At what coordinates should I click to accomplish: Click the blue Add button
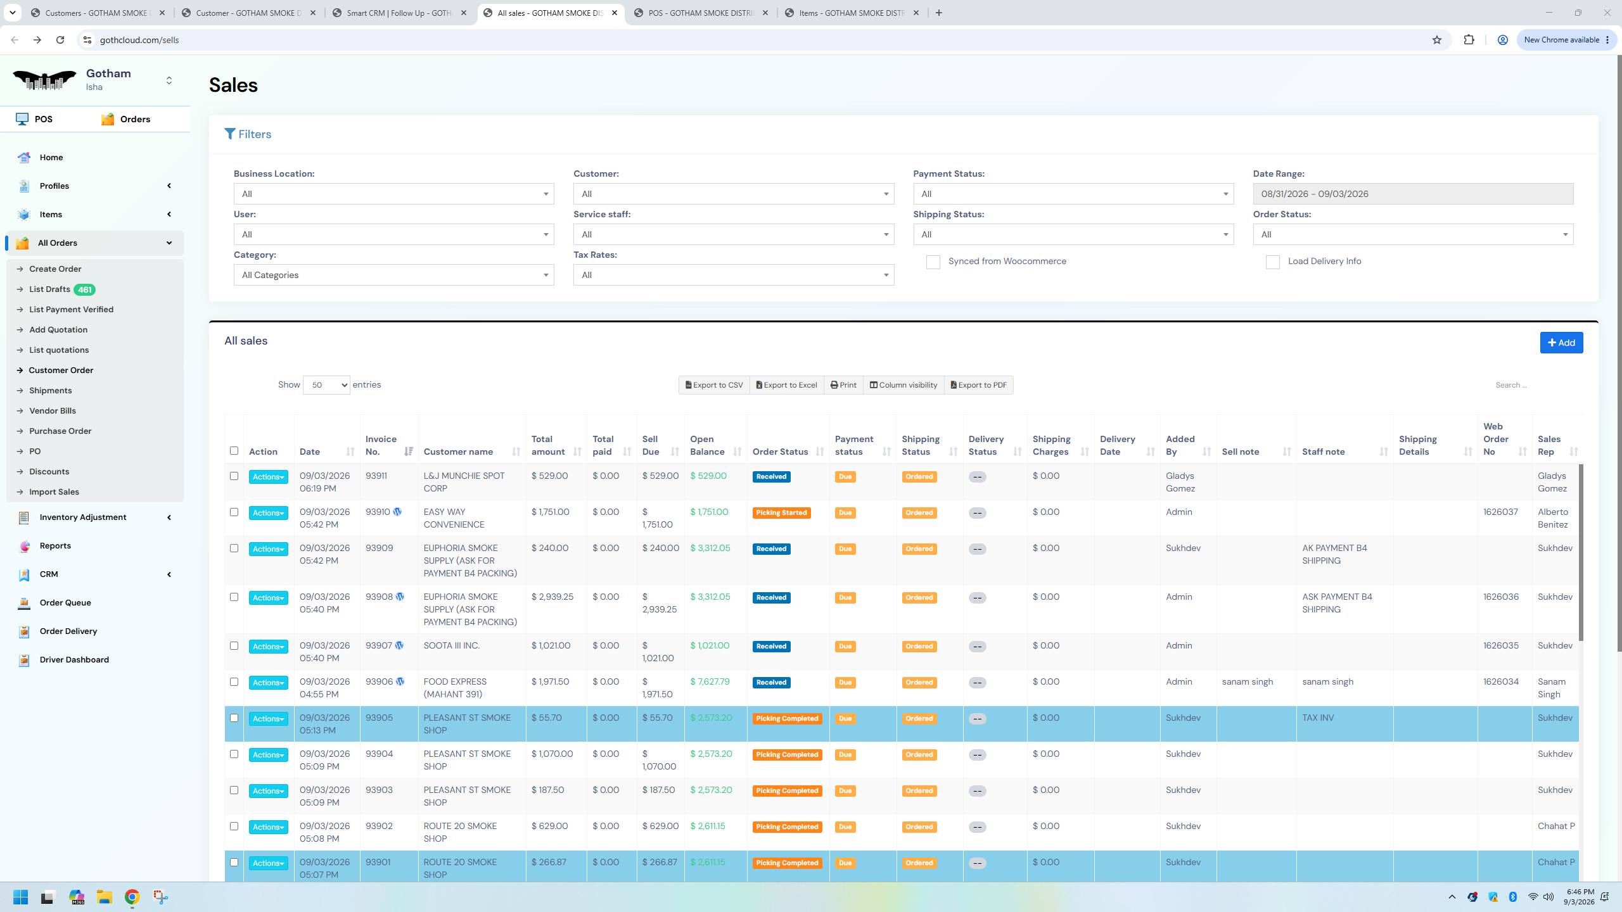pyautogui.click(x=1561, y=343)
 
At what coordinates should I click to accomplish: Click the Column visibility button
pyautogui.click(x=903, y=385)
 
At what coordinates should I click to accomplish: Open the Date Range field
pyautogui.click(x=1413, y=194)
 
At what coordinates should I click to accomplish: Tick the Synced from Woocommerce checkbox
pyautogui.click(x=933, y=262)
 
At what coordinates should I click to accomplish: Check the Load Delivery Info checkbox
pyautogui.click(x=1272, y=262)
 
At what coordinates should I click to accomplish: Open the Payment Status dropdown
pyautogui.click(x=1073, y=194)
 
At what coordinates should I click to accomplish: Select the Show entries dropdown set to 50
pyautogui.click(x=326, y=385)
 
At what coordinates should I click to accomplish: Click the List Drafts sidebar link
pyautogui.click(x=49, y=289)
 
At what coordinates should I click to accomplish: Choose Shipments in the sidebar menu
pyautogui.click(x=50, y=391)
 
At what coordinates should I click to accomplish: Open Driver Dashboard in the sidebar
pyautogui.click(x=74, y=660)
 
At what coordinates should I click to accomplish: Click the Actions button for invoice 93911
pyautogui.click(x=268, y=477)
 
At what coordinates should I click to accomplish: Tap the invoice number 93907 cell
pyautogui.click(x=379, y=646)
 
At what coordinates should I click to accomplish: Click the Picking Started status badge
pyautogui.click(x=781, y=513)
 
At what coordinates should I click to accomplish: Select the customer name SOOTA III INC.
pyautogui.click(x=452, y=646)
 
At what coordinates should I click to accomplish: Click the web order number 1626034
pyautogui.click(x=1500, y=682)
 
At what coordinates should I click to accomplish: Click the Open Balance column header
pyautogui.click(x=707, y=445)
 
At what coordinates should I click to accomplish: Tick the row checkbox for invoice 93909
pyautogui.click(x=234, y=548)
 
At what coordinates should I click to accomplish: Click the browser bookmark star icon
pyautogui.click(x=1437, y=40)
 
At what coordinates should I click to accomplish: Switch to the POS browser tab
pyautogui.click(x=701, y=13)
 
